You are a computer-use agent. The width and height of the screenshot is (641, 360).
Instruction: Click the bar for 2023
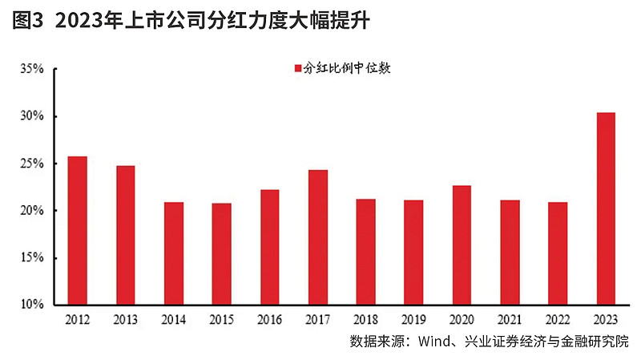tap(606, 208)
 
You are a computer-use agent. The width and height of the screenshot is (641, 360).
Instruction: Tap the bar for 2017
tap(317, 237)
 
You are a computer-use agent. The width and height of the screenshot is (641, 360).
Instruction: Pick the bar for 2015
tap(221, 253)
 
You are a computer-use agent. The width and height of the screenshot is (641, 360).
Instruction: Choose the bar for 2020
tap(462, 245)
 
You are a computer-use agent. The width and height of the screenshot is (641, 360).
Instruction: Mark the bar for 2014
tap(173, 253)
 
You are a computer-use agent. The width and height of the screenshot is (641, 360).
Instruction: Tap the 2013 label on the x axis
tap(125, 319)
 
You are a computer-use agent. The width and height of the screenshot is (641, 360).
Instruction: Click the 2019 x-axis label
tap(413, 319)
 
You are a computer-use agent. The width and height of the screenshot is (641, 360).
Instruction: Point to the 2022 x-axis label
tap(558, 319)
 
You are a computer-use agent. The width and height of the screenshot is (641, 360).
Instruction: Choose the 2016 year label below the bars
tap(269, 319)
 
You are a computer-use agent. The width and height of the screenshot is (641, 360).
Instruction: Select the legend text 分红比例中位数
tap(346, 67)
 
